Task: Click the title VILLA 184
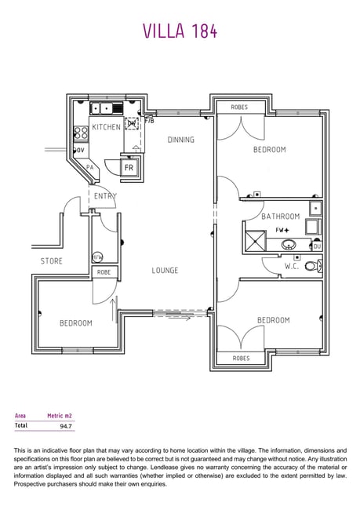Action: point(180,31)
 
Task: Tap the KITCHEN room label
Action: point(107,127)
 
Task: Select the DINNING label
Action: point(181,140)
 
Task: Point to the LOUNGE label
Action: point(165,270)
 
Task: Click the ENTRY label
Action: point(105,196)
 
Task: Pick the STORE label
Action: point(52,260)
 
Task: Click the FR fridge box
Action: point(129,168)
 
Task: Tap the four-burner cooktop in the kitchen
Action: point(81,133)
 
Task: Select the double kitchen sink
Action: point(107,108)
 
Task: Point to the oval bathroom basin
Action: point(289,244)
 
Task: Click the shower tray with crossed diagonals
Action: point(255,241)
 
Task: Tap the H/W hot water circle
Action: point(97,257)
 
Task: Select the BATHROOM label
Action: point(280,217)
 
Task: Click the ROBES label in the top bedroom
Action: point(239,107)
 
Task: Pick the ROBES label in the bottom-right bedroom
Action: point(241,358)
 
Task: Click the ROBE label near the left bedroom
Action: point(104,272)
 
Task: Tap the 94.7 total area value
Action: point(66,426)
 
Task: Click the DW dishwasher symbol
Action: point(132,124)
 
